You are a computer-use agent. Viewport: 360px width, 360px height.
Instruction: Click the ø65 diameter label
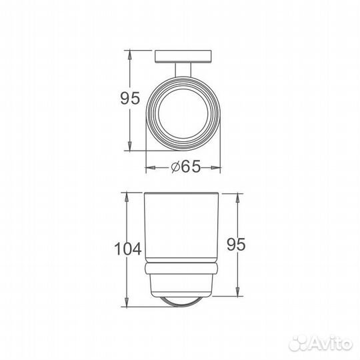pos(186,168)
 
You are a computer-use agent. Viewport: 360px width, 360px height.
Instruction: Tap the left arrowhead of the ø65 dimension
pos(148,168)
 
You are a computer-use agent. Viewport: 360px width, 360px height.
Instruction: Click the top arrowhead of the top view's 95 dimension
pos(129,53)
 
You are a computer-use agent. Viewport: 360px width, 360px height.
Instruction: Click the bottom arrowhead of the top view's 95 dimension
pos(129,152)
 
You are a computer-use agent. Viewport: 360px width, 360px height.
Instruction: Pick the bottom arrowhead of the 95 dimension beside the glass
pos(237,293)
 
